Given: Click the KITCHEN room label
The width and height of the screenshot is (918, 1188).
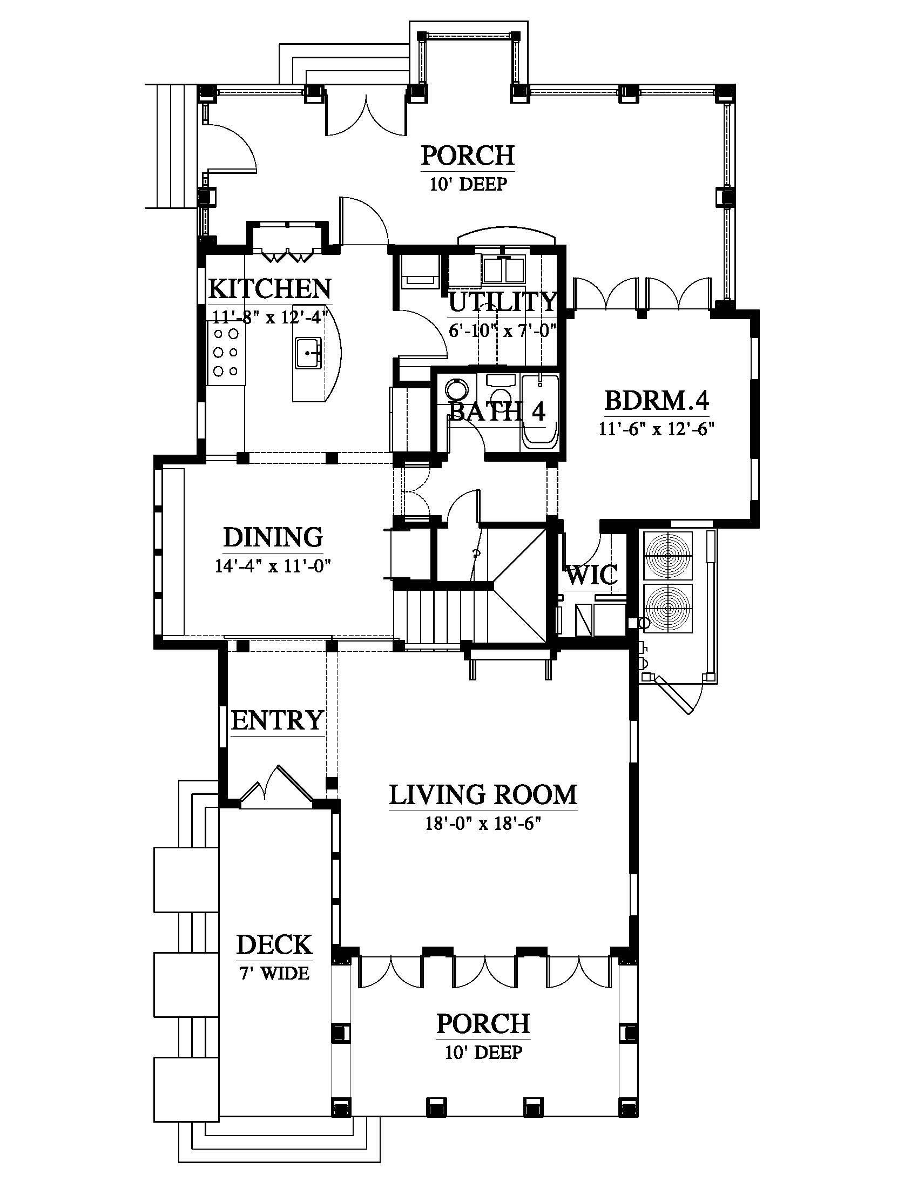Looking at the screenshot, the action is click(270, 288).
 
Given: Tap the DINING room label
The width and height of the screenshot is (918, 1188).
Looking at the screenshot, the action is click(273, 537).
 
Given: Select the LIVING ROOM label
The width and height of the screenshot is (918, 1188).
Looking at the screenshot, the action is click(483, 795).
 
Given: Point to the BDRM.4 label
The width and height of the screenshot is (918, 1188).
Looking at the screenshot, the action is click(657, 401).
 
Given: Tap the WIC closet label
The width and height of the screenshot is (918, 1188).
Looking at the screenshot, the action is click(592, 575).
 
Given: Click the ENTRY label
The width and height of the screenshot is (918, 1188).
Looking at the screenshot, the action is click(278, 721).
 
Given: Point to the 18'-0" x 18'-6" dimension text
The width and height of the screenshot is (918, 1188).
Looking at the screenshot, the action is click(483, 824).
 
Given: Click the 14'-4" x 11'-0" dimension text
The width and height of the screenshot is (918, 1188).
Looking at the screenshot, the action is click(273, 566).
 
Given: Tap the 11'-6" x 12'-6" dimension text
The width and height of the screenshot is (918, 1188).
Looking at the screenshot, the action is click(657, 429).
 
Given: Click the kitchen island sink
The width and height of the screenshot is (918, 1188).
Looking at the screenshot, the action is click(308, 353).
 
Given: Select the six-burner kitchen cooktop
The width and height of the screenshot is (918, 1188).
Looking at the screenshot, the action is click(226, 353).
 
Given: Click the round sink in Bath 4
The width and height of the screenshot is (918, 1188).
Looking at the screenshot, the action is click(456, 390).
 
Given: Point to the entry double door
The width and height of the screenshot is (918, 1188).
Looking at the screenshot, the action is click(277, 785).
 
